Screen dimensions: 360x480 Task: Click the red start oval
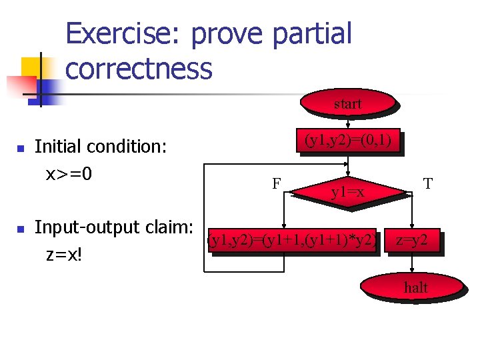(347, 103)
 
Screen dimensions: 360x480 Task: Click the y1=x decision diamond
(347, 192)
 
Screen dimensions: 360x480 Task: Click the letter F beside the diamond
(275, 182)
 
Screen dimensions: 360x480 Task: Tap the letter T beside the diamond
(428, 182)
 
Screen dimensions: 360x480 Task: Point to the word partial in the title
(312, 34)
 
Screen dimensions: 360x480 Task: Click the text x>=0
(68, 174)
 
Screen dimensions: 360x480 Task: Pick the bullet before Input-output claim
(21, 229)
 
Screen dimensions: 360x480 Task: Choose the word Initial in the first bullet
(57, 146)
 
